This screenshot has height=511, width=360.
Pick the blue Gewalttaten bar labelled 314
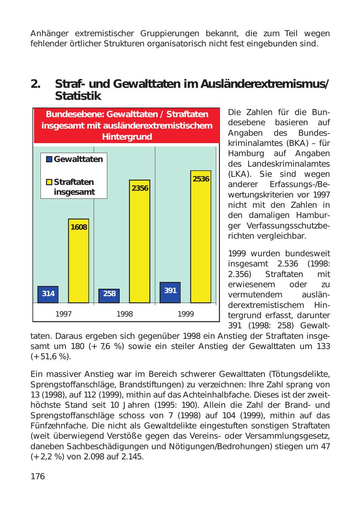pyautogui.click(x=48, y=294)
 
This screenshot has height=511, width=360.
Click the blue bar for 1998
pyautogui.click(x=109, y=295)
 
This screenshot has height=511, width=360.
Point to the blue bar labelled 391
pyautogui.click(x=170, y=292)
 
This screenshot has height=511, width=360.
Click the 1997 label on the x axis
pyautogui.click(x=64, y=314)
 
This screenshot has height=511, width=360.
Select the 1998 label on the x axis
pyautogui.click(x=124, y=314)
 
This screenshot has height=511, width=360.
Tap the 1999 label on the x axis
pyautogui.click(x=186, y=314)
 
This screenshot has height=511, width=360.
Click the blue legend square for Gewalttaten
pyautogui.click(x=49, y=159)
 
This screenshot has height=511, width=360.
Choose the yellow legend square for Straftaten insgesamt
pyautogui.click(x=49, y=182)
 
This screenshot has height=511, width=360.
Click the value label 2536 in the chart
pyautogui.click(x=201, y=179)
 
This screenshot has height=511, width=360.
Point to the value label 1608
pyautogui.click(x=79, y=227)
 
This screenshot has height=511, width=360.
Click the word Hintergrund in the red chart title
pyautogui.click(x=127, y=137)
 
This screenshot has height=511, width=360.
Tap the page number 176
pyautogui.click(x=38, y=476)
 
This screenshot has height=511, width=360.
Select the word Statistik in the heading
pyautogui.click(x=78, y=96)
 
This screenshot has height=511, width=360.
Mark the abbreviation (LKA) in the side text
pyautogui.click(x=239, y=174)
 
